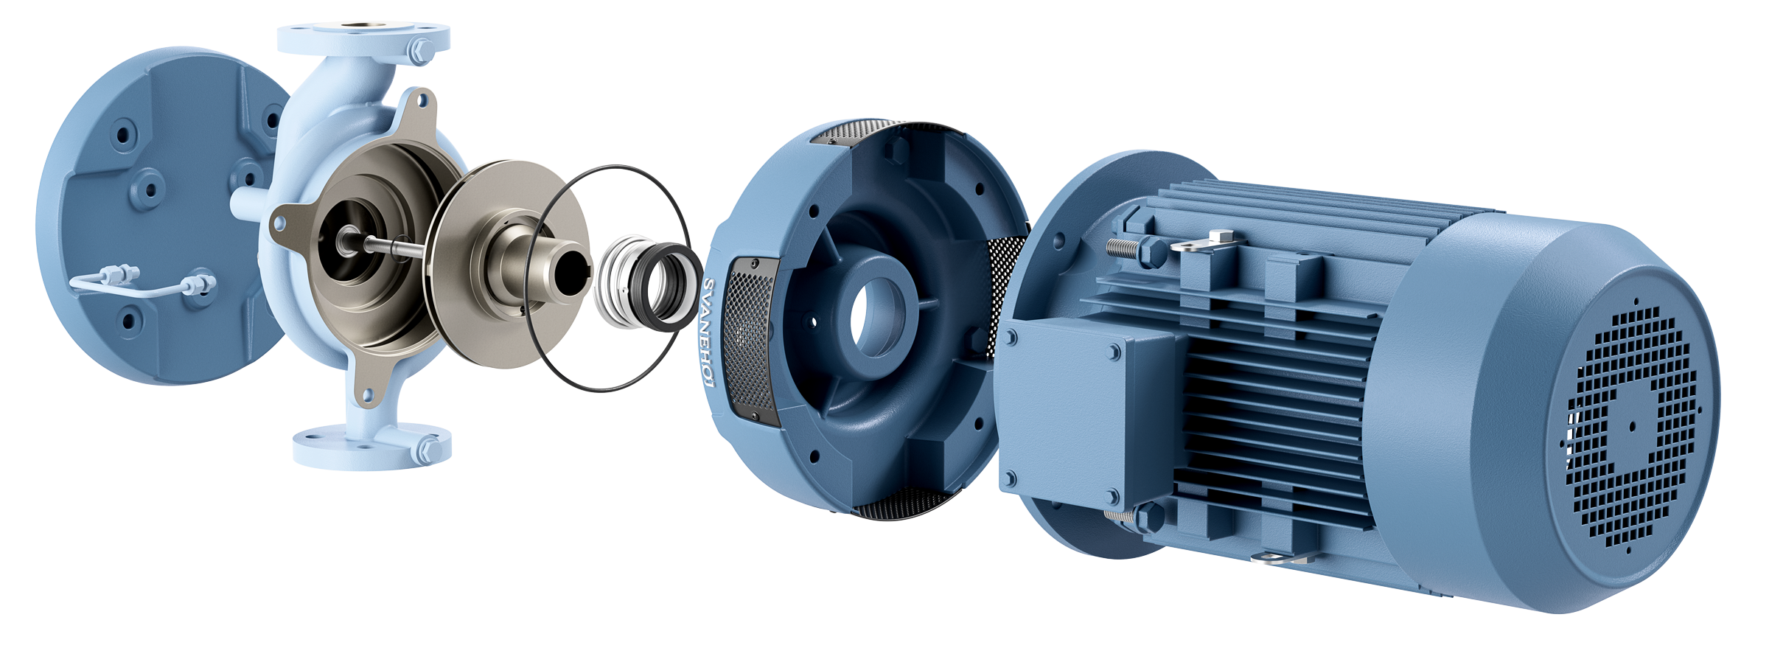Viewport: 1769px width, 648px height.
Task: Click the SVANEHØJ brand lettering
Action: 708,332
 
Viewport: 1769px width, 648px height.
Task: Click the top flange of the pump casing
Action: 363,38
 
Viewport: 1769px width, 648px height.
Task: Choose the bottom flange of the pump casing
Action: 372,445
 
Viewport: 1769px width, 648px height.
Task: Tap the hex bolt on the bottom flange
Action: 429,448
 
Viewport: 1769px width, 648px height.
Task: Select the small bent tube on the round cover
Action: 140,283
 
